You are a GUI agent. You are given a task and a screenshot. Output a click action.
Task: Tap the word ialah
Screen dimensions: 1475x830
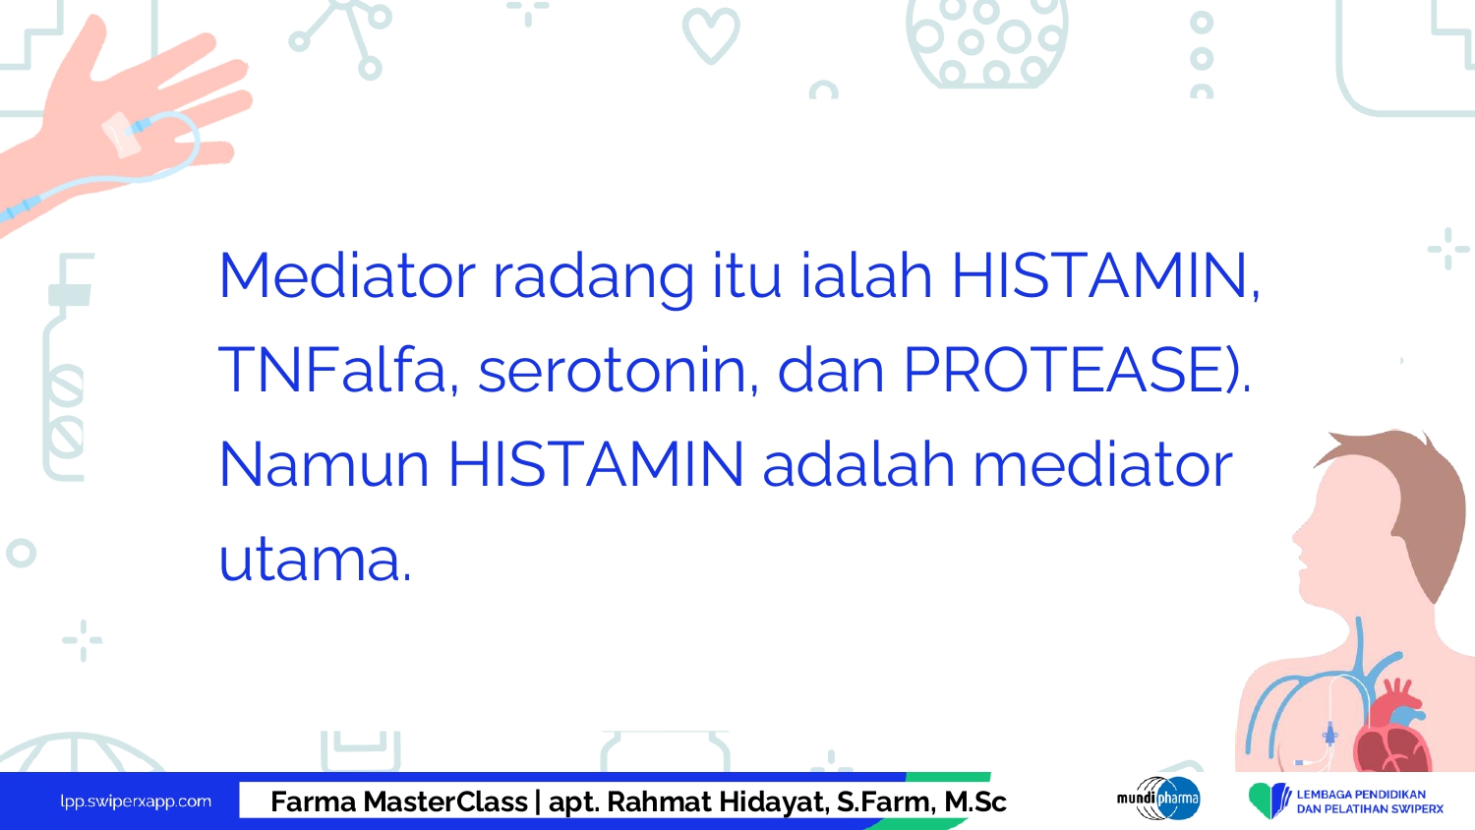(x=866, y=274)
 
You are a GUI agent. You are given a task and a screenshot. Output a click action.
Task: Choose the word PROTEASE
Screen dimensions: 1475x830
(x=1064, y=369)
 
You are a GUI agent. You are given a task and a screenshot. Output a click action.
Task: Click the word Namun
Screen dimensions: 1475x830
(x=324, y=464)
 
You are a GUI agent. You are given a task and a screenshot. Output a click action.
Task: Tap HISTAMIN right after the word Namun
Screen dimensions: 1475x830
(x=595, y=464)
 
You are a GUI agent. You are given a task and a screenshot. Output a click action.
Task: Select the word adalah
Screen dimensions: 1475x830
(x=858, y=464)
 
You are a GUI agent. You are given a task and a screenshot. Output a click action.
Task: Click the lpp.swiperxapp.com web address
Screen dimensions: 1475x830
(x=136, y=801)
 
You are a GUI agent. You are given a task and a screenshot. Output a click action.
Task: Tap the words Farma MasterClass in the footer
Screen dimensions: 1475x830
(x=399, y=801)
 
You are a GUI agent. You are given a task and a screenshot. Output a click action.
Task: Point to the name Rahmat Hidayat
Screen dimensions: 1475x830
(x=717, y=802)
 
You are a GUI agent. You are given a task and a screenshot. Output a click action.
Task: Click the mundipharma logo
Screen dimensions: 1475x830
(x=1158, y=799)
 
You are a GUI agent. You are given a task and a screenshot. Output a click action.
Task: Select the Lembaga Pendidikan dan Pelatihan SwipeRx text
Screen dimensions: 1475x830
(x=1370, y=801)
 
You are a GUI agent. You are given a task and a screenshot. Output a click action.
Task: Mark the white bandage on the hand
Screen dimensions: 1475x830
(x=121, y=135)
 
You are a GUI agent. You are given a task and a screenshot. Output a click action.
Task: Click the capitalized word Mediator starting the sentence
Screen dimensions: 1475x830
(x=347, y=275)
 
